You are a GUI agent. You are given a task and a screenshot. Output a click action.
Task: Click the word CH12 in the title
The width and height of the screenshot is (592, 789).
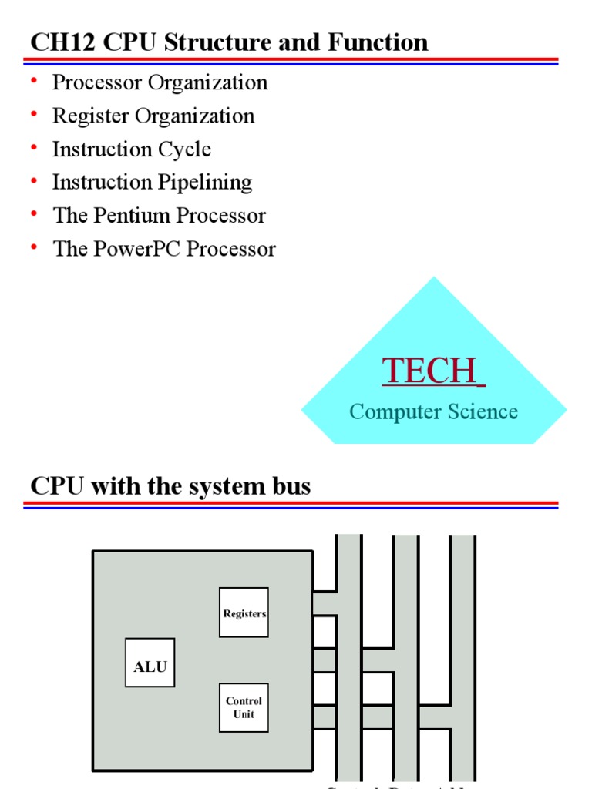(55, 42)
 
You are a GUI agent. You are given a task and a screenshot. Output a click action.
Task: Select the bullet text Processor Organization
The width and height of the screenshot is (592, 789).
(160, 82)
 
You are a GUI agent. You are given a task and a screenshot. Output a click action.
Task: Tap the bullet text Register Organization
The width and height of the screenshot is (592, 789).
(153, 116)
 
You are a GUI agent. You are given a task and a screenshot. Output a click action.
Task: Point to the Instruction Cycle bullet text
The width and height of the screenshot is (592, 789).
(131, 149)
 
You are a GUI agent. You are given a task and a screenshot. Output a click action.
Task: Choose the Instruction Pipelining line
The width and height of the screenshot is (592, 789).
(152, 182)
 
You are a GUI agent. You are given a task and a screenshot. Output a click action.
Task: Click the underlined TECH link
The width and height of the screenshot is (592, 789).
(433, 371)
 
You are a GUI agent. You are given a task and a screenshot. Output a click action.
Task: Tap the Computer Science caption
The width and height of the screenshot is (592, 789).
(433, 411)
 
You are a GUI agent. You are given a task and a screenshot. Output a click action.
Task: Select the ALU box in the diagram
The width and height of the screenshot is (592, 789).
(150, 663)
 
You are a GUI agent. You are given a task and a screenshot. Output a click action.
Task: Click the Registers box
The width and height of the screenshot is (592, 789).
(244, 613)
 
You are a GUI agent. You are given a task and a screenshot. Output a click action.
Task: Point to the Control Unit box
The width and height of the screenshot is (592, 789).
(244, 707)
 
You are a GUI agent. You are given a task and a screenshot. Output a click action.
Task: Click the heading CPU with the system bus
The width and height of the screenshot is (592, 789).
(170, 486)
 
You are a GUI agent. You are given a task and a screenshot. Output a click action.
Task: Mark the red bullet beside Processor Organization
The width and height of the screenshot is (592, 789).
(35, 81)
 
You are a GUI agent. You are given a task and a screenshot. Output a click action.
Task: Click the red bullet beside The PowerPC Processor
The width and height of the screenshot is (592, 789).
(35, 247)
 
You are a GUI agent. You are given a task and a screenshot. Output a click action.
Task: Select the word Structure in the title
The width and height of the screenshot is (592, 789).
(214, 42)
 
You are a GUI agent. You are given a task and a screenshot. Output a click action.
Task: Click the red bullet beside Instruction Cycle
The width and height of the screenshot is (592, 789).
(35, 147)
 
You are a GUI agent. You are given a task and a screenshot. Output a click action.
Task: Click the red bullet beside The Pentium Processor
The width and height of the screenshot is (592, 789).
(35, 213)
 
